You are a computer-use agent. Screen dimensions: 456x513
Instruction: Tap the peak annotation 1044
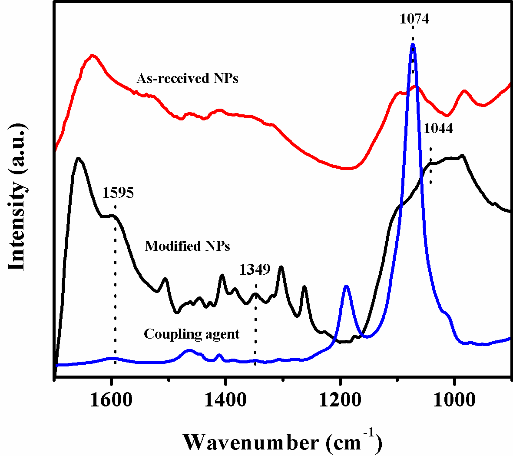point(438,128)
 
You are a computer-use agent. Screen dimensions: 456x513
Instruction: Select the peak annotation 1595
point(118,193)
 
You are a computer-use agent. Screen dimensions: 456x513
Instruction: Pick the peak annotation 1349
point(255,270)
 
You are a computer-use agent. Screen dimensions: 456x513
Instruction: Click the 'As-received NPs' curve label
point(187,78)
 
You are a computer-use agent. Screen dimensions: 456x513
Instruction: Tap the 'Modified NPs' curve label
point(187,246)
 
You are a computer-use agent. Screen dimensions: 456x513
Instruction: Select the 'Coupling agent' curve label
point(192,334)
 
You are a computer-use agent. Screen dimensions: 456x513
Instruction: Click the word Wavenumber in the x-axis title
point(251,442)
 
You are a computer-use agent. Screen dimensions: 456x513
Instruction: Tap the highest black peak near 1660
point(79,159)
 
